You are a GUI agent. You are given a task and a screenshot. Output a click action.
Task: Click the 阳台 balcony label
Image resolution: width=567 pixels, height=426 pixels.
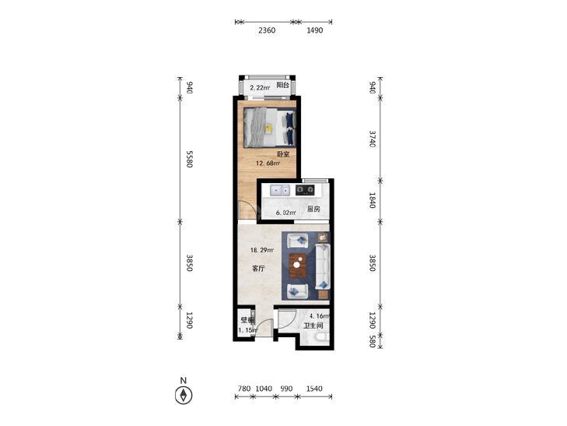click(283, 86)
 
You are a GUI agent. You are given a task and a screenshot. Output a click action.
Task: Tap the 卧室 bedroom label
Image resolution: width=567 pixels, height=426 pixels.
click(283, 154)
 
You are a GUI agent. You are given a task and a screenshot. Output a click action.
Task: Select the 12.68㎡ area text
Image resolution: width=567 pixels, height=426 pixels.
click(268, 164)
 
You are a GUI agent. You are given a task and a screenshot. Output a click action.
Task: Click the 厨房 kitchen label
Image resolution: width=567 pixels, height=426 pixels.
click(313, 209)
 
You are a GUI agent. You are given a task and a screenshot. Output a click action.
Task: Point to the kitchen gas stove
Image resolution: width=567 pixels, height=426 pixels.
click(305, 190)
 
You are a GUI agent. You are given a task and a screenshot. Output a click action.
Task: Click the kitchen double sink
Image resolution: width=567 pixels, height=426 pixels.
click(280, 190)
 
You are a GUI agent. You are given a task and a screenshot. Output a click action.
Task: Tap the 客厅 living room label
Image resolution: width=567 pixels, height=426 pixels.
click(258, 269)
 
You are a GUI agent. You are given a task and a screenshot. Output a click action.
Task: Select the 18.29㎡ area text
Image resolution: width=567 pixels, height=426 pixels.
click(262, 250)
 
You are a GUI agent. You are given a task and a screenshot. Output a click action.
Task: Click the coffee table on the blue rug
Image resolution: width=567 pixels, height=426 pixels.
click(298, 266)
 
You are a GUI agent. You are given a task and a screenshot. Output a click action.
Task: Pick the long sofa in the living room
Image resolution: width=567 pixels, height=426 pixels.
click(323, 267)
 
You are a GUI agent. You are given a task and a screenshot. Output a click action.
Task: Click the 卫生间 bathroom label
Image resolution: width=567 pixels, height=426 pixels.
click(313, 326)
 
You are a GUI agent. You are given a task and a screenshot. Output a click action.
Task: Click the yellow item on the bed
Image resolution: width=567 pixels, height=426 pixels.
click(268, 129)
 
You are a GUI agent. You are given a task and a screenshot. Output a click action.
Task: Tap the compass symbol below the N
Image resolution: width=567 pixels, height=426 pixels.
click(184, 395)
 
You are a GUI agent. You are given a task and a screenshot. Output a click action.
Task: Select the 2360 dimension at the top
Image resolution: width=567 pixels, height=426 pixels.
click(267, 30)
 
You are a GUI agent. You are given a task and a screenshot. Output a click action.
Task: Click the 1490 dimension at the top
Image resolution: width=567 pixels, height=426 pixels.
click(314, 30)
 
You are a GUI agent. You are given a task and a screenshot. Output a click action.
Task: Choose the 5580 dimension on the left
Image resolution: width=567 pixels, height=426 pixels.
click(189, 159)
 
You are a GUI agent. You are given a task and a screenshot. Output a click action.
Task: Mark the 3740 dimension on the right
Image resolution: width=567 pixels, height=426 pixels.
click(373, 139)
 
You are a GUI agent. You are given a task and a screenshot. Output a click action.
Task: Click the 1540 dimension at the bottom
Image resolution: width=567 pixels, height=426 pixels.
click(314, 389)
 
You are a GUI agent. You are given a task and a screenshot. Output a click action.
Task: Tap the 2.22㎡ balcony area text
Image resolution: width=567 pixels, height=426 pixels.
click(260, 87)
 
